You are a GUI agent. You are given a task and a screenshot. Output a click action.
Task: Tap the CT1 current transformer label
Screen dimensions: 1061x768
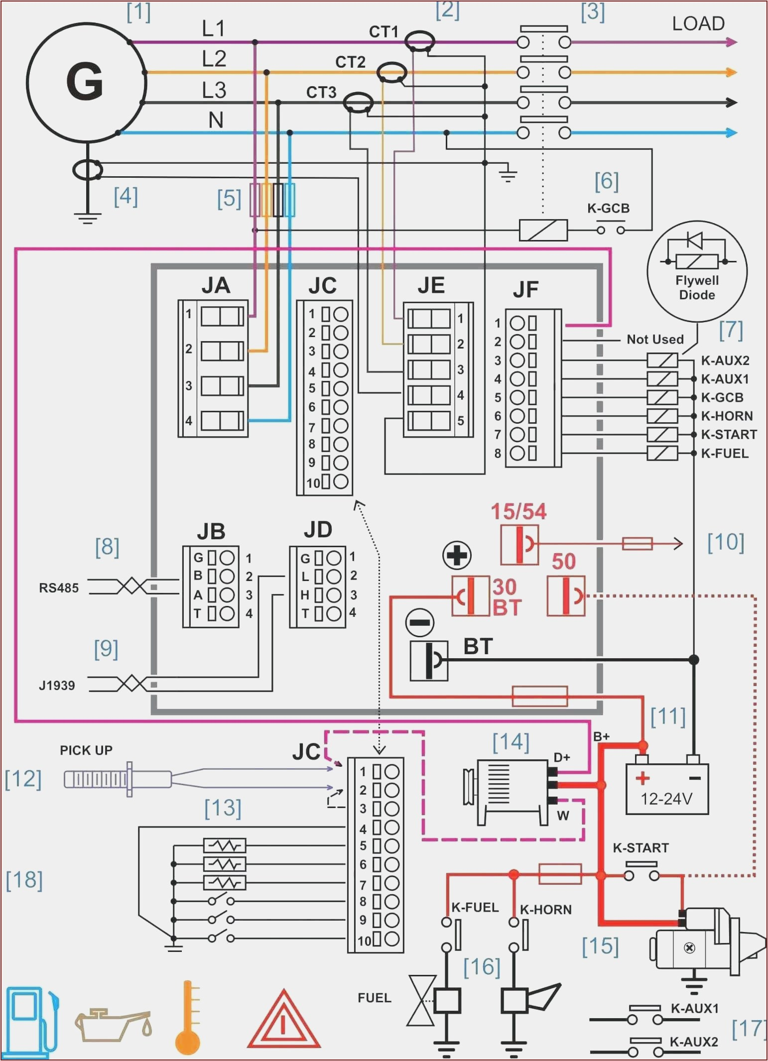coord(384,32)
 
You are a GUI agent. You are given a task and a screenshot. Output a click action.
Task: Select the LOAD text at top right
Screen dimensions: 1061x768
coord(698,24)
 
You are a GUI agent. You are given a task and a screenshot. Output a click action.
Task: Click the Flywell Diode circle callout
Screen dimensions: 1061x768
coord(697,271)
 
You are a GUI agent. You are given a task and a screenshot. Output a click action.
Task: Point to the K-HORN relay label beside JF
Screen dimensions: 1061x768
coord(727,416)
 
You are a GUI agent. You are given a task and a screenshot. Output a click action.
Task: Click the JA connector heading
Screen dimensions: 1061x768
coord(216,285)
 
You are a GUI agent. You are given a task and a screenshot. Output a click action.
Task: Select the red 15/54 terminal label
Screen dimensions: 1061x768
coord(518,512)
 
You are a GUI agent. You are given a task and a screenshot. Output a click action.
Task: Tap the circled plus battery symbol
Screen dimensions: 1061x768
coord(456,555)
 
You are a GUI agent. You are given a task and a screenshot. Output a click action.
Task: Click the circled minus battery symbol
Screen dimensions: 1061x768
coord(420,622)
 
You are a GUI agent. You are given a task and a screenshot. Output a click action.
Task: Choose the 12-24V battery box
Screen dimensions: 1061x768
coord(666,789)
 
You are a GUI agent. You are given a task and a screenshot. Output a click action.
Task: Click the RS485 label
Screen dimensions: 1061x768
coord(59,588)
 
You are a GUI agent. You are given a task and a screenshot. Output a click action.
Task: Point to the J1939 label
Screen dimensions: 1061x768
coord(57,686)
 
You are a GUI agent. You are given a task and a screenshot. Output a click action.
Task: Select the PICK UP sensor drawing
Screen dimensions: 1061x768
coord(117,779)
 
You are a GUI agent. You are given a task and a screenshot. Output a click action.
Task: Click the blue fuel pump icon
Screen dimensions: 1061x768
coord(31,1021)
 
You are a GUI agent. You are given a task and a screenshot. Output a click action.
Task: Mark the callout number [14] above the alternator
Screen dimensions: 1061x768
coord(511,742)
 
